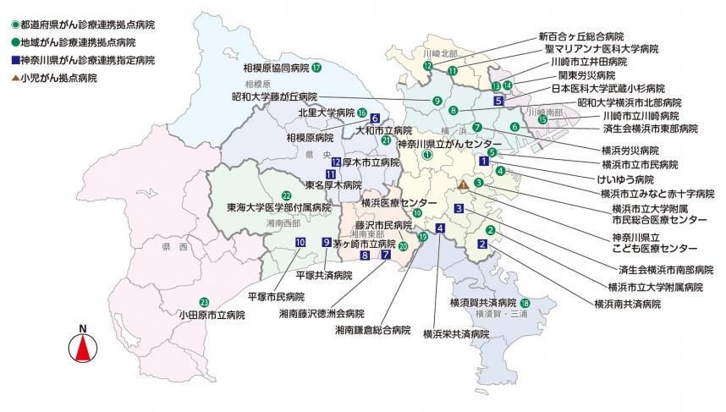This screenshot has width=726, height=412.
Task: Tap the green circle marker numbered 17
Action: pyautogui.click(x=316, y=68)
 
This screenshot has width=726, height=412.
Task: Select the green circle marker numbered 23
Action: pyautogui.click(x=204, y=302)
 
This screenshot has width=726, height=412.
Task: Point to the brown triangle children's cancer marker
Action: pyautogui.click(x=463, y=184)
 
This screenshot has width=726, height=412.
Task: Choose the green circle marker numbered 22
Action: pyautogui.click(x=286, y=195)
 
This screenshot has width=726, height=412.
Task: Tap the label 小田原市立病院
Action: pyautogui.click(x=212, y=315)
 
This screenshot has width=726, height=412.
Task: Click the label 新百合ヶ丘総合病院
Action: pyautogui.click(x=580, y=37)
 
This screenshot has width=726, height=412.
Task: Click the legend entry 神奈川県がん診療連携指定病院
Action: pyautogui.click(x=82, y=59)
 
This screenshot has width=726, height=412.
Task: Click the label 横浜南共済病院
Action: pyautogui.click(x=627, y=303)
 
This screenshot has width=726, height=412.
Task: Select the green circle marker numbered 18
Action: pyautogui.click(x=525, y=303)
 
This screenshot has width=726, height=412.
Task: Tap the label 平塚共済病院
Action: pyautogui.click(x=323, y=276)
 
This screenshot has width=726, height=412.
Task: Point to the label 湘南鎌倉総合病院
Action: pyautogui.click(x=372, y=330)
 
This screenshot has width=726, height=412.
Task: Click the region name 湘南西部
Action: pyautogui.click(x=283, y=222)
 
